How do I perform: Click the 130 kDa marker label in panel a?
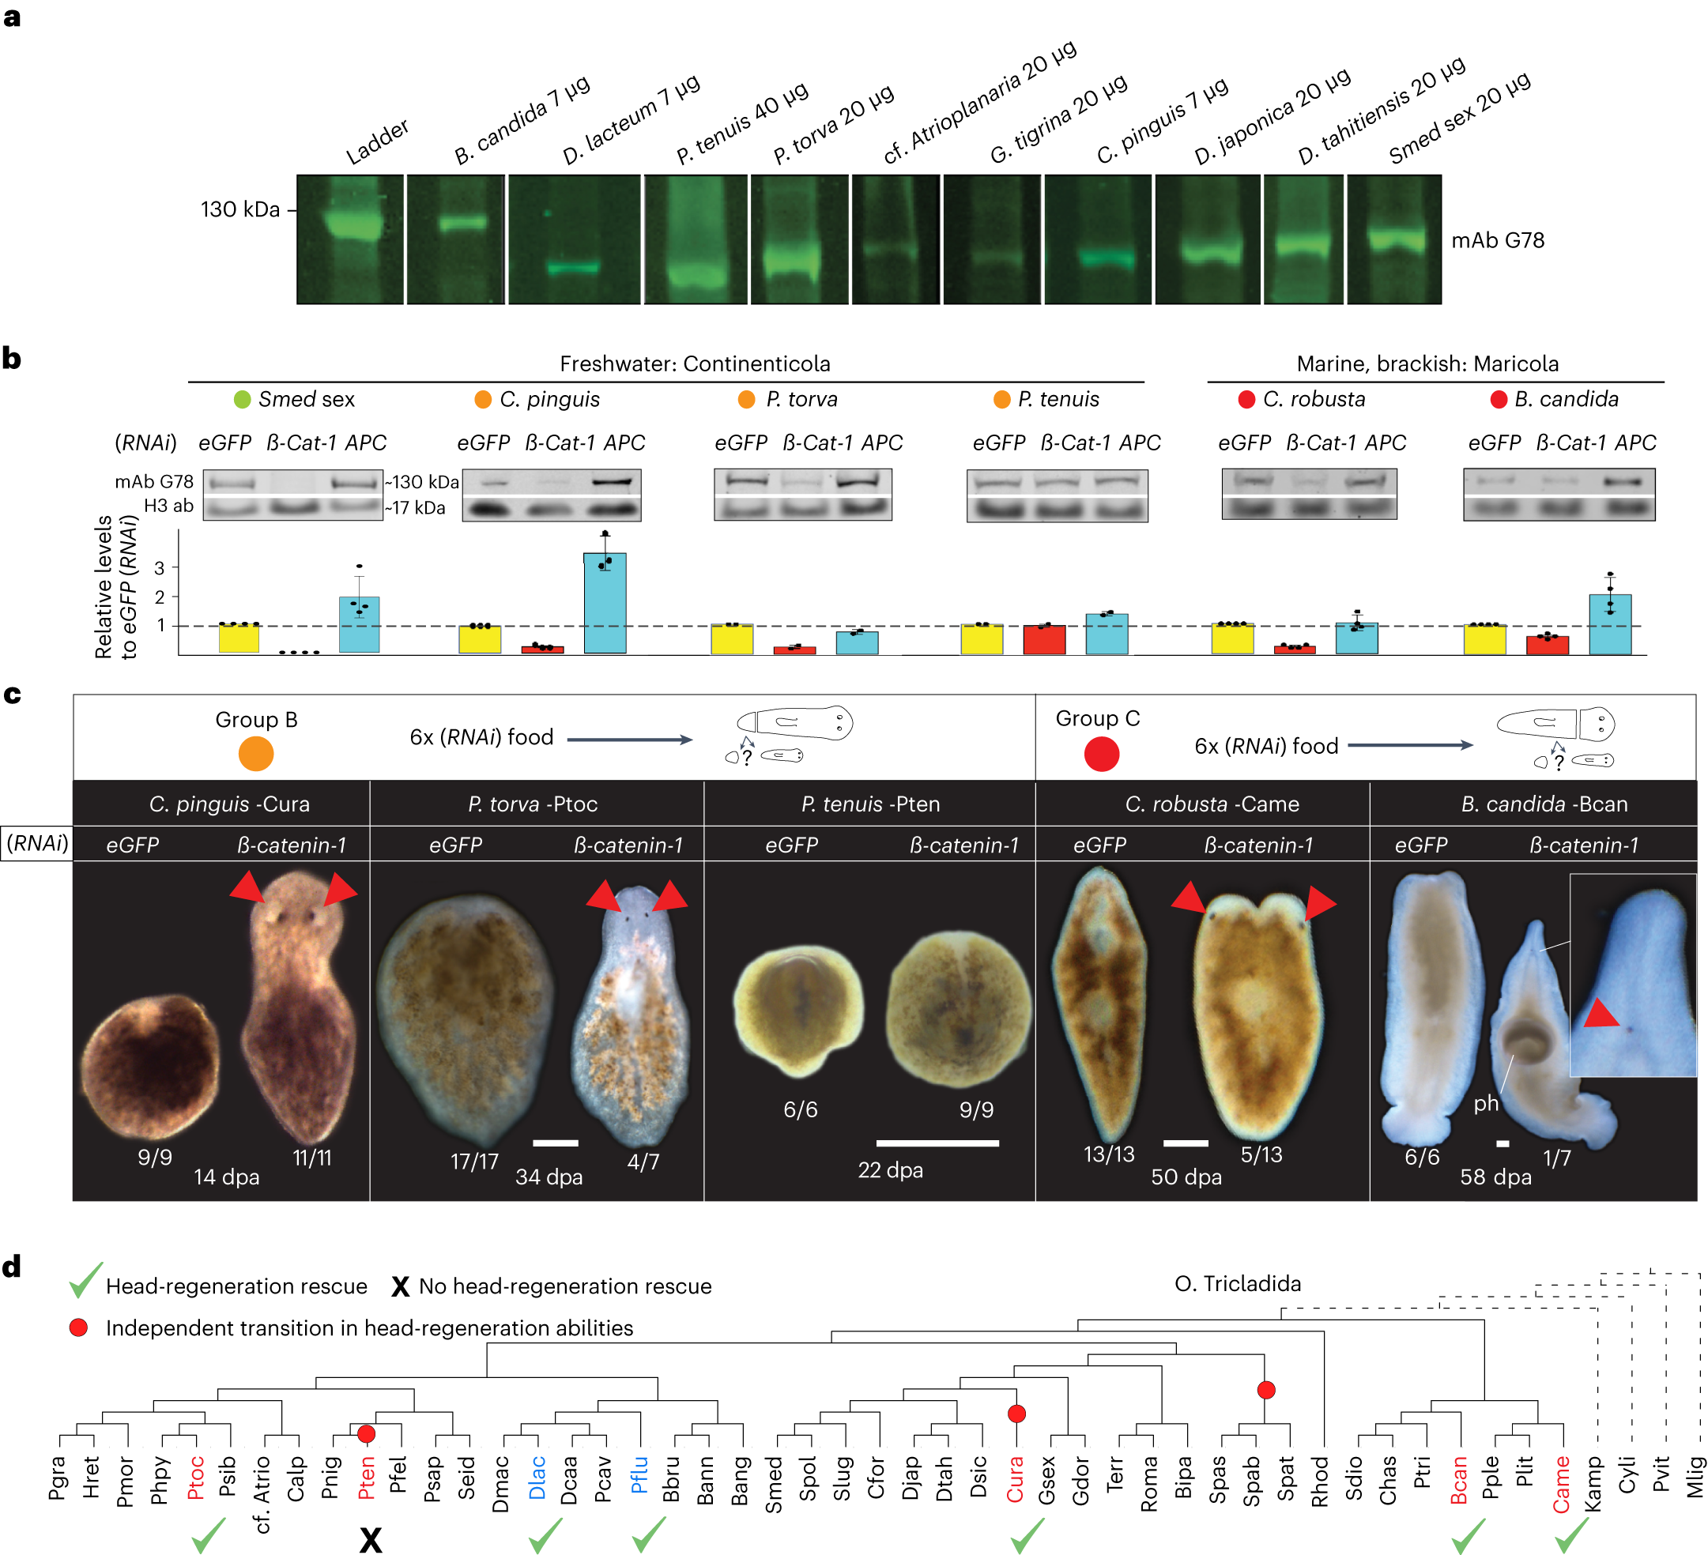pos(239,209)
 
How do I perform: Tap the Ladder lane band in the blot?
pos(350,225)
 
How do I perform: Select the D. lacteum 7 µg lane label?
pos(631,119)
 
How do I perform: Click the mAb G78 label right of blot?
pos(1497,240)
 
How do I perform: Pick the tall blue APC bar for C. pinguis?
pos(605,602)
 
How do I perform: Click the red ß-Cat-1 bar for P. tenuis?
pos(1044,638)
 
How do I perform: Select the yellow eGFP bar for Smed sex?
pos(239,638)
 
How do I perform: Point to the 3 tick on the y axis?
pos(160,567)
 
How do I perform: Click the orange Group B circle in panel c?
pos(256,753)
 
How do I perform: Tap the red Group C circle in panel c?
pos(1102,753)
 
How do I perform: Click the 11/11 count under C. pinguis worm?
pos(311,1158)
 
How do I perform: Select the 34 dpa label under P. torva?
pos(549,1177)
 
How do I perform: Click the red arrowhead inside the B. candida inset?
pos(1601,1014)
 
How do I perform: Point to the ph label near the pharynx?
pos(1485,1103)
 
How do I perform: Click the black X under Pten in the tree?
pos(370,1539)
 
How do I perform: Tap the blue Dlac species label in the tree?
pos(537,1478)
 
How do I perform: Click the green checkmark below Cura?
pos(1027,1534)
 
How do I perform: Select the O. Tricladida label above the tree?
pos(1237,1283)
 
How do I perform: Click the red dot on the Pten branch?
pos(366,1433)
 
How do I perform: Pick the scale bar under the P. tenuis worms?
pos(937,1143)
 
